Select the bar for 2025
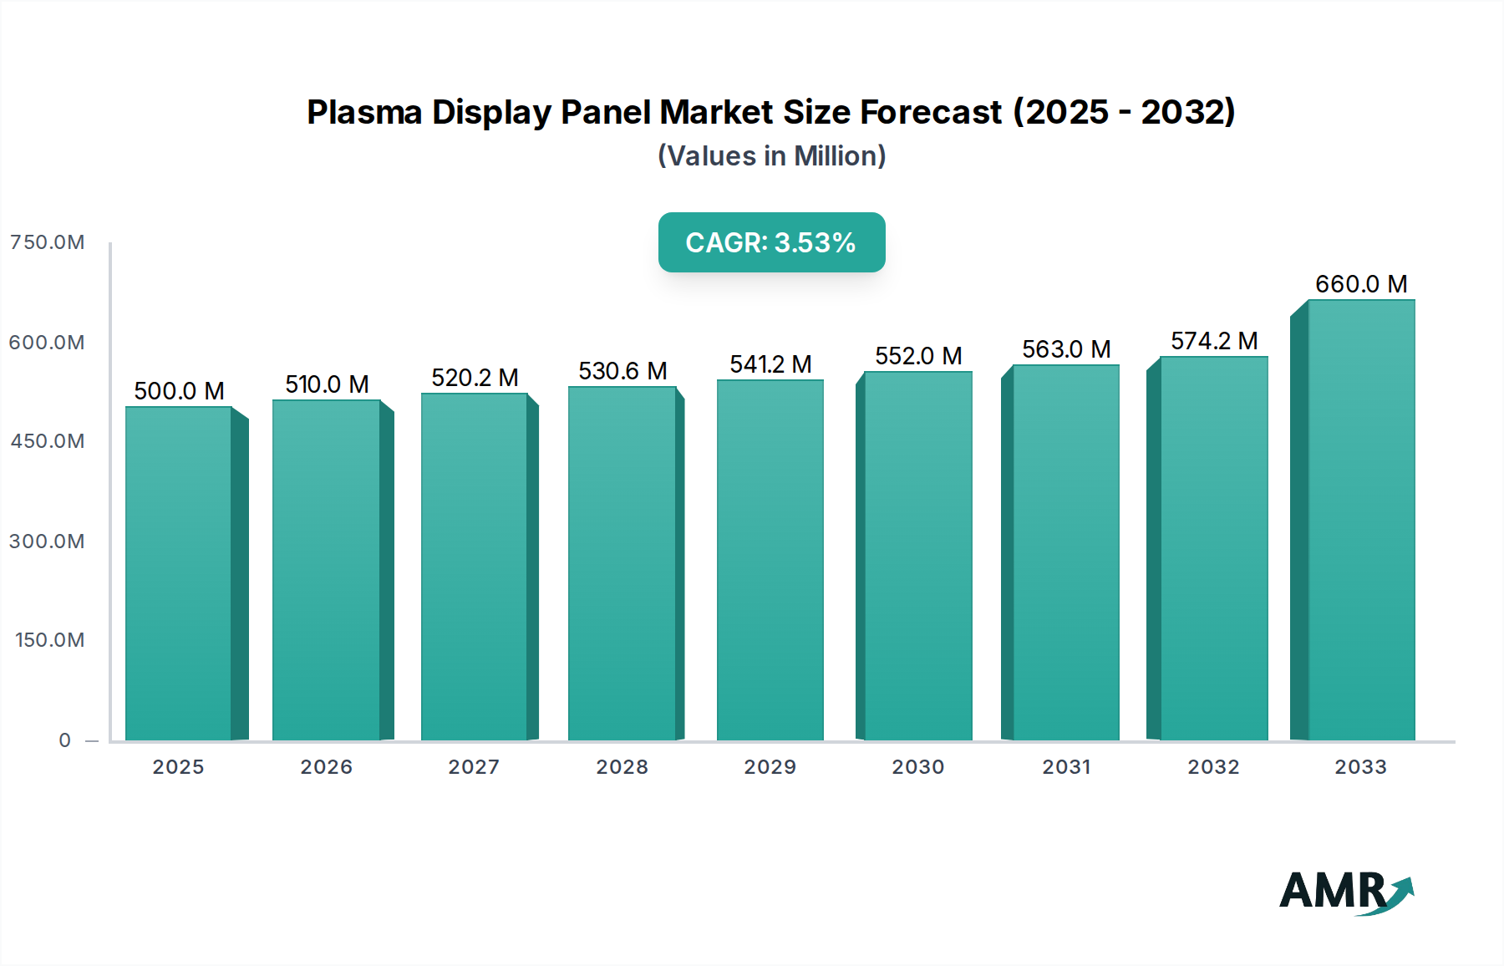pos(178,573)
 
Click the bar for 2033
pos(1360,520)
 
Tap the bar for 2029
pos(770,560)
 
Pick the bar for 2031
pos(1065,552)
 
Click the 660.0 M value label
pos(1360,284)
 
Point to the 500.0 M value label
pos(179,391)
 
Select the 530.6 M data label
pos(622,371)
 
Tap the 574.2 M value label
pos(1213,341)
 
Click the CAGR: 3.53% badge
pos(771,242)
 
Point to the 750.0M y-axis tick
pos(47,242)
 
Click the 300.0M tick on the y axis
pos(47,541)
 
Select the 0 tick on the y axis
pos(65,740)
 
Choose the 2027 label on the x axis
pos(474,767)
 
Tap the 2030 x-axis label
pos(917,767)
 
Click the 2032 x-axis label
pos(1213,767)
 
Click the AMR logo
pos(1345,892)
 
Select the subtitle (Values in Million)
pos(771,156)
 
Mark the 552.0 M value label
pos(918,356)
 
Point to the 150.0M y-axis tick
pos(49,640)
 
